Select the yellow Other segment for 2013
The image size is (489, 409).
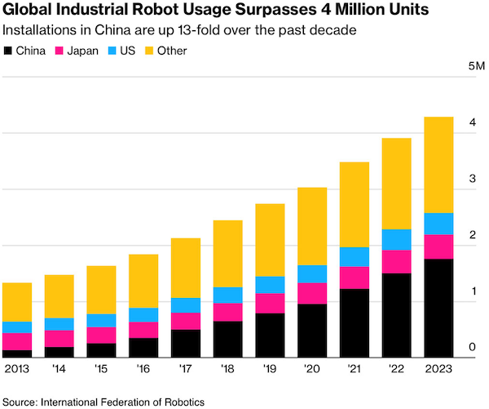(x=17, y=302)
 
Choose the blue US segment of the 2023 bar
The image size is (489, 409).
(x=438, y=224)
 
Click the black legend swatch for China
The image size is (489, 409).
(x=9, y=51)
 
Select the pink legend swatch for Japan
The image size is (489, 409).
(x=59, y=51)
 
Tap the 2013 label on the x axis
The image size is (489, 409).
(x=17, y=369)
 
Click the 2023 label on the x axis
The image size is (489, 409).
(x=438, y=369)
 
